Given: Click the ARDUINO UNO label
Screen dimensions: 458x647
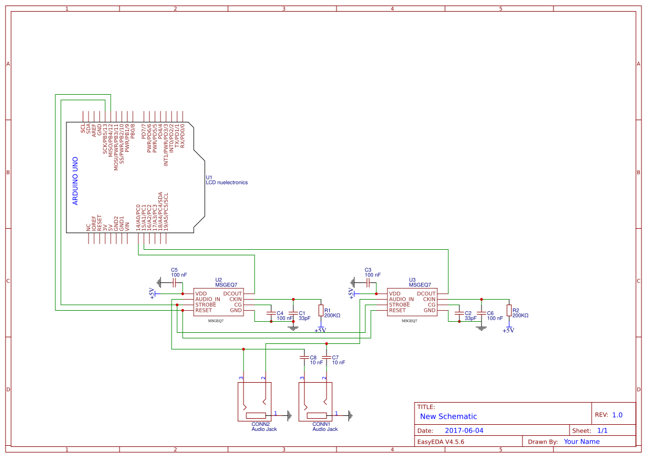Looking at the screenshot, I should click(x=75, y=182).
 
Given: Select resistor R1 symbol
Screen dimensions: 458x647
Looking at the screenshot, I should click(x=321, y=310).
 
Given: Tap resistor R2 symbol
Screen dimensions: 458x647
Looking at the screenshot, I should click(x=509, y=310).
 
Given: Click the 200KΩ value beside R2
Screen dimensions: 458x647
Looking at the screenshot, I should click(x=520, y=315).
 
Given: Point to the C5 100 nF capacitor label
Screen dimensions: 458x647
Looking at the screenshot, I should click(x=179, y=272).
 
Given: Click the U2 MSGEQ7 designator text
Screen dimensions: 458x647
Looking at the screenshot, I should click(x=226, y=282).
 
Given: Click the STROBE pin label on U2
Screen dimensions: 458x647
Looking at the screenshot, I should click(x=205, y=305).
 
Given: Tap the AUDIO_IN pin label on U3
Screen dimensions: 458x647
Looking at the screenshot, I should click(x=401, y=299).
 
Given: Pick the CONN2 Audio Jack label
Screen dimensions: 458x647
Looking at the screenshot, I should click(x=264, y=426).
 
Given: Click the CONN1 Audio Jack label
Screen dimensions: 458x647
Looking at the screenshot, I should click(x=325, y=426).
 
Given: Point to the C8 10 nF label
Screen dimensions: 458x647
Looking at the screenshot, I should click(x=316, y=360).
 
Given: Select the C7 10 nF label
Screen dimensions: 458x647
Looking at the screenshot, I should click(x=338, y=360).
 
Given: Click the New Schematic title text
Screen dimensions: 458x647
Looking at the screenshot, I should click(x=448, y=416).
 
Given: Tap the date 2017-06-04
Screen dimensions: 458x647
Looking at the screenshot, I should click(x=464, y=430).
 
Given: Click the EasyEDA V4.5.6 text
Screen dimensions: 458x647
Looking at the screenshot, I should click(x=441, y=442).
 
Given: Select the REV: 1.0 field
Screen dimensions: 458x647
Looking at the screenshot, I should click(x=609, y=415).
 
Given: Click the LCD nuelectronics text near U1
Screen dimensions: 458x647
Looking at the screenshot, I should click(x=227, y=182).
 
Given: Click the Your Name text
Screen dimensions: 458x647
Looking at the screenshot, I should click(x=581, y=442).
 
